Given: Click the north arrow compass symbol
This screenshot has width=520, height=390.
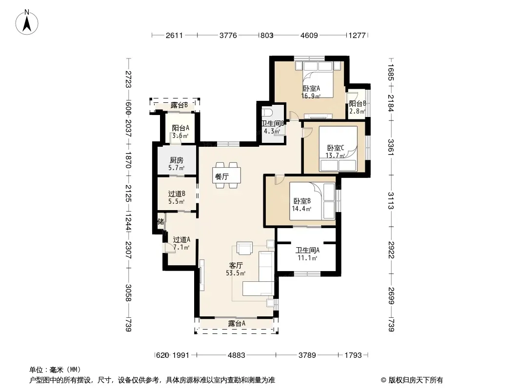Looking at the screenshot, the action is (x=27, y=22).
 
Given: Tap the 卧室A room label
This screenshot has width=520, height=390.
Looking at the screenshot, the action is (x=311, y=88).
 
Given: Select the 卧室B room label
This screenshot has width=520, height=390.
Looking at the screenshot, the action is (x=302, y=201).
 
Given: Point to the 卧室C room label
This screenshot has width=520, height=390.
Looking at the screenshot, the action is (x=336, y=148).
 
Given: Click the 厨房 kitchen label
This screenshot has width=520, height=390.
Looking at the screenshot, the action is (x=177, y=160).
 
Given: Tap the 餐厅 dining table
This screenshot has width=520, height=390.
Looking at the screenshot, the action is (x=226, y=175).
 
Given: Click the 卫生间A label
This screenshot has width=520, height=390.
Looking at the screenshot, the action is (x=307, y=251).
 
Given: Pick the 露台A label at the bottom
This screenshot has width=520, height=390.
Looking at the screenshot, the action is (x=237, y=323).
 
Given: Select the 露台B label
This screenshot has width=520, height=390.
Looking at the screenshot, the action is (x=180, y=105).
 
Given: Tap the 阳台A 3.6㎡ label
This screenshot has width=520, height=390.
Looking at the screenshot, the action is (x=180, y=132).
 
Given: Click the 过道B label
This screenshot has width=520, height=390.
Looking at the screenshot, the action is (x=177, y=194).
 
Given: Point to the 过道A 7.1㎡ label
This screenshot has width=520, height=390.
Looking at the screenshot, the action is (x=181, y=243).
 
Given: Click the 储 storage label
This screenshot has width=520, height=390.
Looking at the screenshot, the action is (x=161, y=221).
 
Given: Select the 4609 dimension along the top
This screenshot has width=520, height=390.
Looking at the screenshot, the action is (x=309, y=35).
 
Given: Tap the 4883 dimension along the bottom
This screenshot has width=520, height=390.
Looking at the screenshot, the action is (x=237, y=355).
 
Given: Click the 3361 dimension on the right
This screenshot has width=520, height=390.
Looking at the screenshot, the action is (x=391, y=147).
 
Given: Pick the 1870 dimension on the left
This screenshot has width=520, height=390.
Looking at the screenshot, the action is (x=128, y=160).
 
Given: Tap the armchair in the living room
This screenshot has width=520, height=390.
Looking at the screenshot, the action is (x=244, y=248).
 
